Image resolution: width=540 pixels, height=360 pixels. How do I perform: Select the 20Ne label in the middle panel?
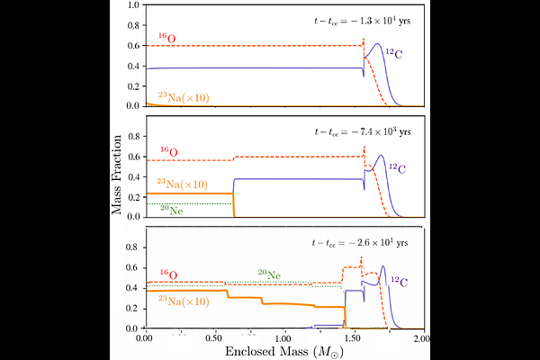(172, 209)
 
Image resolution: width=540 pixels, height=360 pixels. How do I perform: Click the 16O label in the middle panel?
(169, 151)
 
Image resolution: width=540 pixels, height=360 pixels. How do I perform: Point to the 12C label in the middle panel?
(397, 167)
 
